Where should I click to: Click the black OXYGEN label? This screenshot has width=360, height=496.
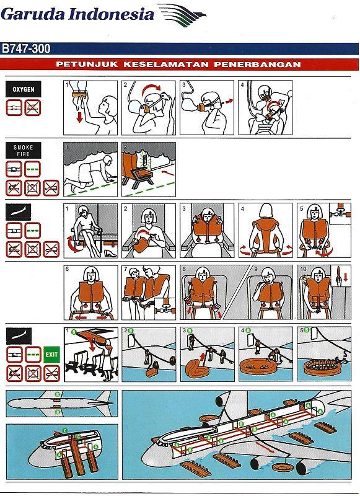[24, 90]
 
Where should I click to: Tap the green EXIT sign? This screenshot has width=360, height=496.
[51, 355]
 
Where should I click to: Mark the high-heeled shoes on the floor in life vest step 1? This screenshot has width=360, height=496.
[105, 254]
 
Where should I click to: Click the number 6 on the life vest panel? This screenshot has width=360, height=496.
[68, 270]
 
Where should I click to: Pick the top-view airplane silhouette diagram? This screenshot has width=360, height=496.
[59, 404]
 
